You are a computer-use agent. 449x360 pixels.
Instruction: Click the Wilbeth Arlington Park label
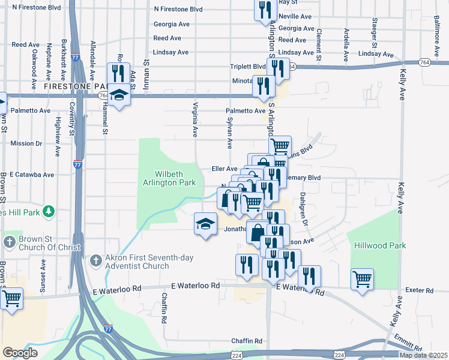click(x=170, y=177)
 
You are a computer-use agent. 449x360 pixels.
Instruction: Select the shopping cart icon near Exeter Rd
click(x=363, y=278)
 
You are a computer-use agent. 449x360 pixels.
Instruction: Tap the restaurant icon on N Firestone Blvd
click(x=263, y=10)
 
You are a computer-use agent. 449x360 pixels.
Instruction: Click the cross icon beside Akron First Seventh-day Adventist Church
click(x=95, y=261)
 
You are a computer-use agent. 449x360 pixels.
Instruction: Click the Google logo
click(x=20, y=353)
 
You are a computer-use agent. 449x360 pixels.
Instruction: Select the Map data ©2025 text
click(x=423, y=355)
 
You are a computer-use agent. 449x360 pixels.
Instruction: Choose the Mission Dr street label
click(x=26, y=143)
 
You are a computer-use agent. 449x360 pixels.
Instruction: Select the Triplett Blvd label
click(x=248, y=67)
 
